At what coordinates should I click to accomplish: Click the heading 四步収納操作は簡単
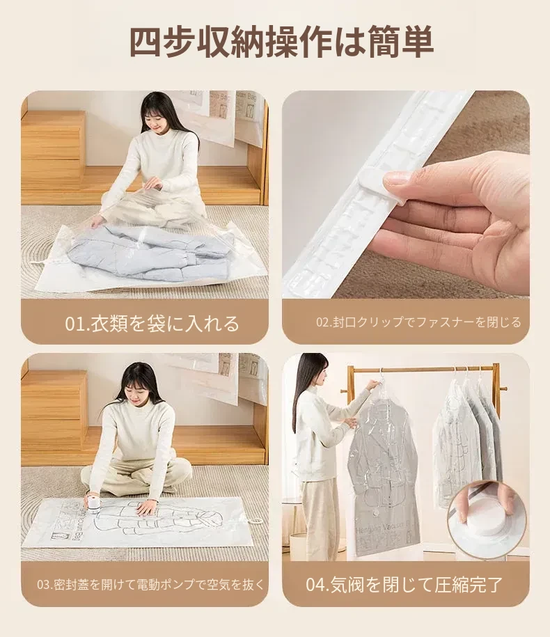281,42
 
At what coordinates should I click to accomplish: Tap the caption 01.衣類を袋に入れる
152,324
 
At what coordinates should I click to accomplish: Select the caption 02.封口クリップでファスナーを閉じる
418,322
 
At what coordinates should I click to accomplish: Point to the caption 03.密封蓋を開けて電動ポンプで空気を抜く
150,585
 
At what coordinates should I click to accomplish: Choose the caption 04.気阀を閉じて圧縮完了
404,585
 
